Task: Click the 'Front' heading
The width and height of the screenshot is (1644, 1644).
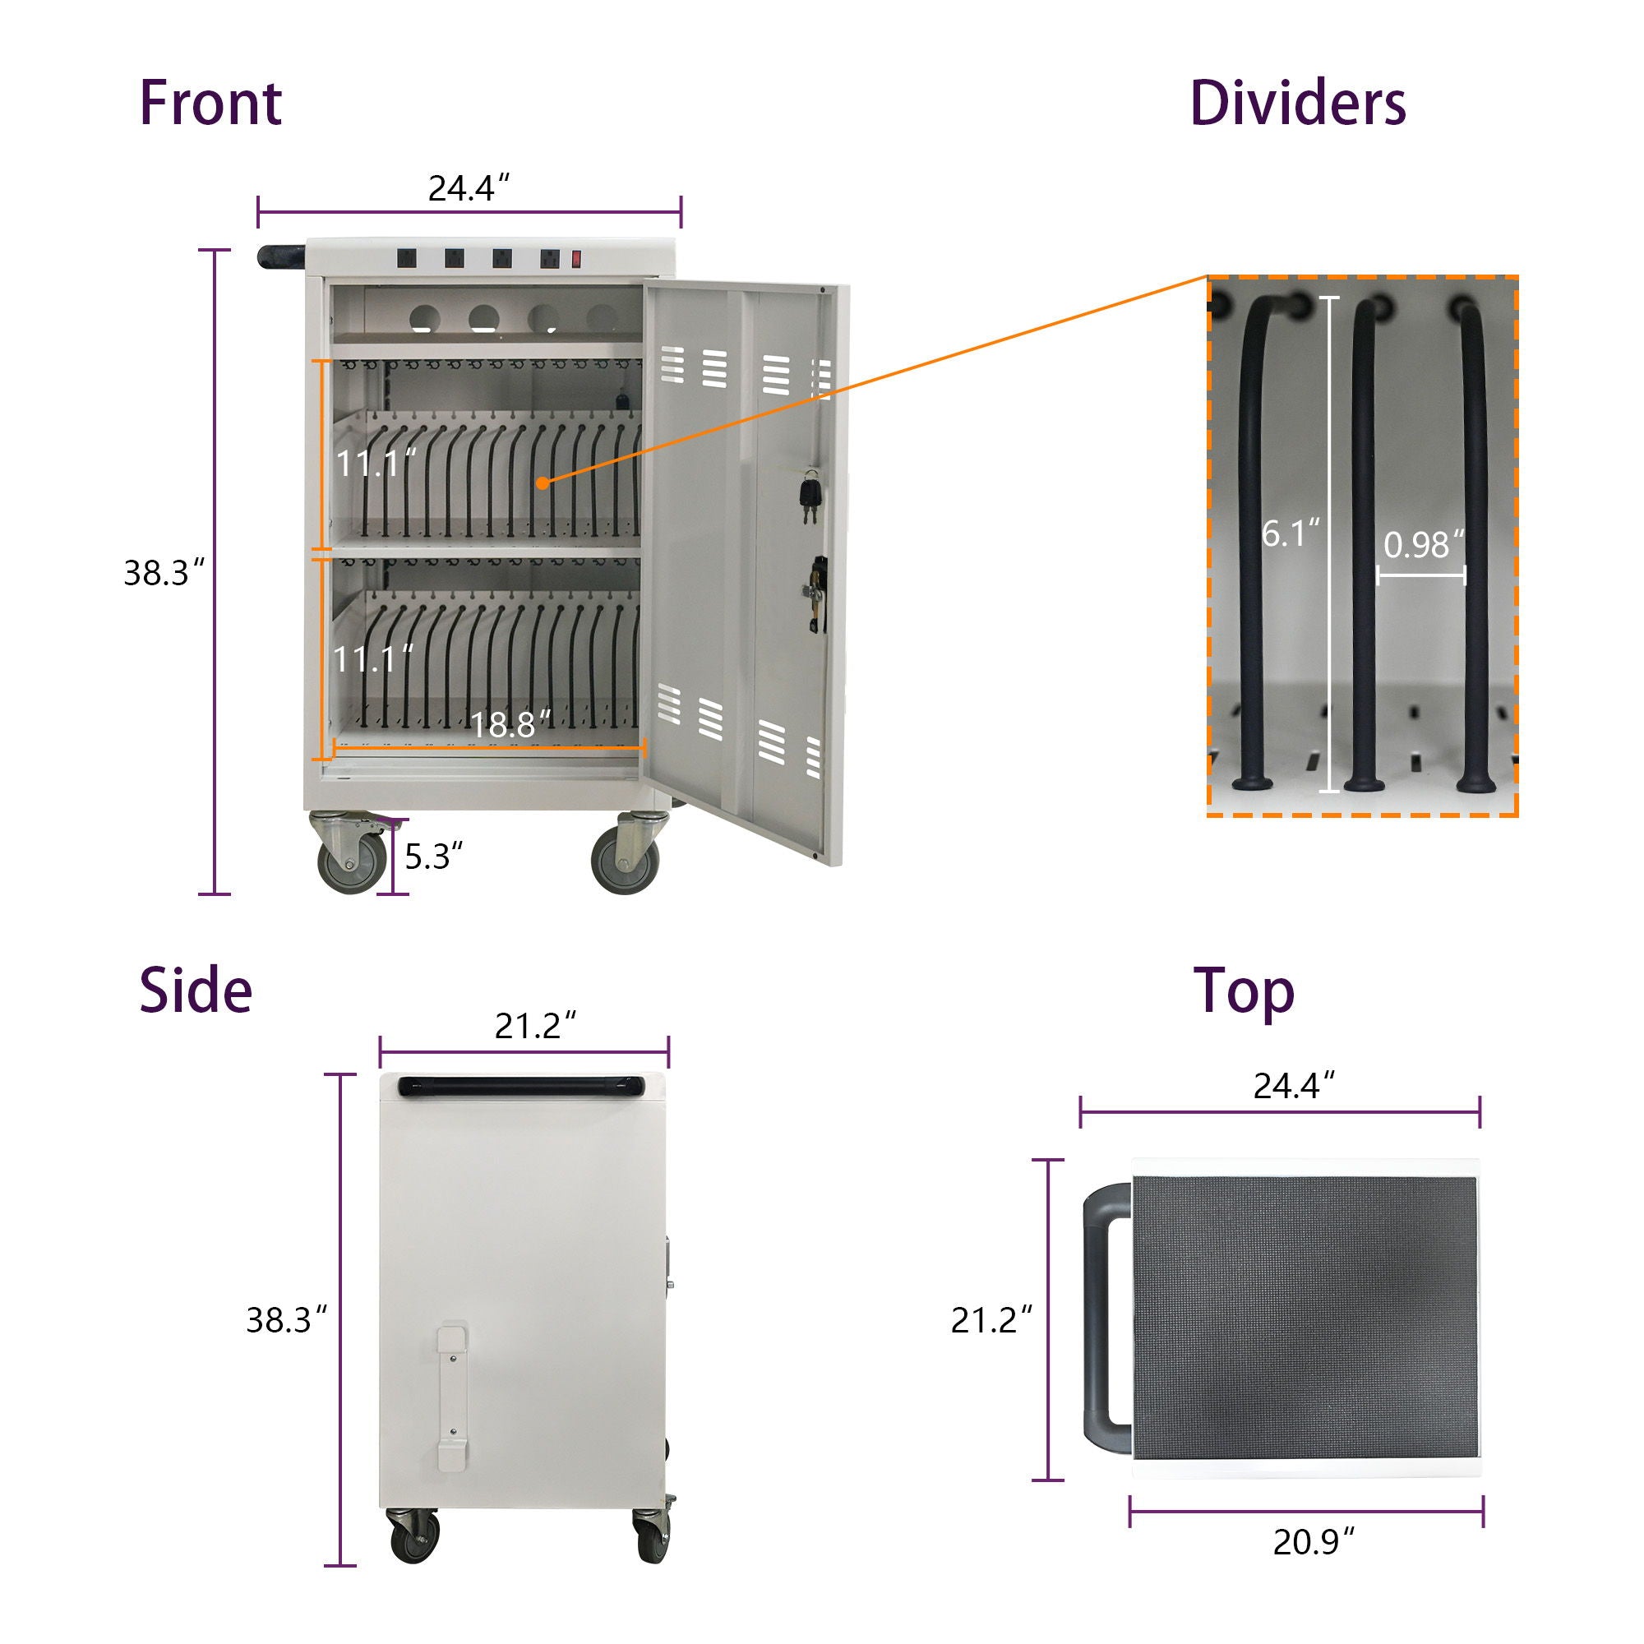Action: click(x=210, y=104)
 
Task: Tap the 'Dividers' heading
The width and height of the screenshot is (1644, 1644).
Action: click(x=1298, y=104)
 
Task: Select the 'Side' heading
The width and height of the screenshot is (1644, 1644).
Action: click(x=196, y=991)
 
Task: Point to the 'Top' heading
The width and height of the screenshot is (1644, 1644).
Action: click(x=1244, y=992)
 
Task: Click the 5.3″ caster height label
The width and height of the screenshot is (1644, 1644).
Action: click(x=433, y=856)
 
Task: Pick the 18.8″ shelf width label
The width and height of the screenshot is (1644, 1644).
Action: click(x=510, y=725)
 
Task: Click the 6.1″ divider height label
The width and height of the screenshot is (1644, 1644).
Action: click(x=1290, y=533)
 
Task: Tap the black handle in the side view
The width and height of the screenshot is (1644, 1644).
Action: click(x=524, y=1085)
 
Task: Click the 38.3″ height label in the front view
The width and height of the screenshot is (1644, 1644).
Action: click(x=164, y=573)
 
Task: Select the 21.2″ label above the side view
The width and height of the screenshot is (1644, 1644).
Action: click(x=535, y=1026)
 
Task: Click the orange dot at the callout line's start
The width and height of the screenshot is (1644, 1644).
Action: click(x=542, y=483)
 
